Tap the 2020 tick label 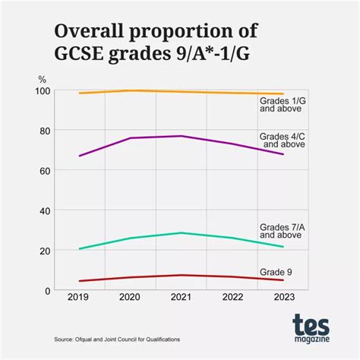[x=130, y=299]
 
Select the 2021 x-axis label [x=181, y=299]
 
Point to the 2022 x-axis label [x=232, y=299]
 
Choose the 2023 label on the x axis [x=282, y=299]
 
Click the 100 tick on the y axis [x=43, y=91]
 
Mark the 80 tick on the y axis [x=45, y=131]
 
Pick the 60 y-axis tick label [x=45, y=171]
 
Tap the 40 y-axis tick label [x=45, y=210]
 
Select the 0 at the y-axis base [x=47, y=290]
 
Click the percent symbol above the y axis [x=42, y=79]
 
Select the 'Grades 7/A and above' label [x=283, y=231]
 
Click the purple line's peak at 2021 [x=181, y=136]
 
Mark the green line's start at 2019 [x=80, y=248]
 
